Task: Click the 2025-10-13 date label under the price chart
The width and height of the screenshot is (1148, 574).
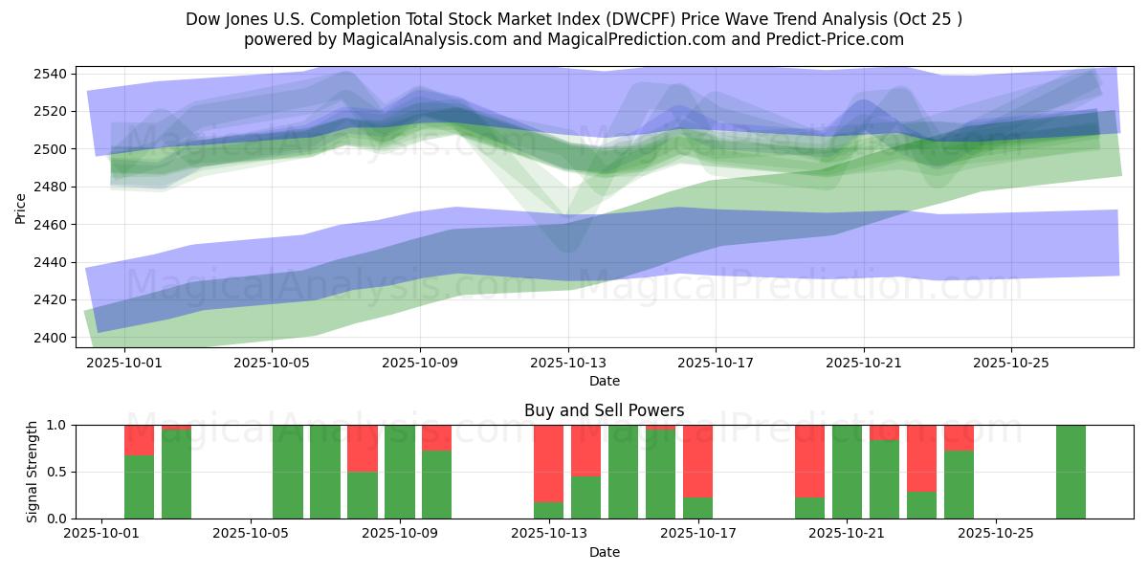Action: point(568,364)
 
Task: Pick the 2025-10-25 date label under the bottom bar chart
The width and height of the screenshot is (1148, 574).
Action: point(996,534)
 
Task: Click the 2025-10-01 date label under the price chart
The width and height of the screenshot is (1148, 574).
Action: point(124,364)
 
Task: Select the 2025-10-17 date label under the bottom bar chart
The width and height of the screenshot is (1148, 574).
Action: point(697,534)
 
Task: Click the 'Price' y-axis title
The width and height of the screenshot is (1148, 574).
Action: point(21,207)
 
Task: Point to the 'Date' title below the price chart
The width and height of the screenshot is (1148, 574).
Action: point(604,381)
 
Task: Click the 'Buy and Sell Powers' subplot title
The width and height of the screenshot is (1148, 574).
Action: point(604,410)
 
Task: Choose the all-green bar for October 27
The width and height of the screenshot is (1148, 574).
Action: point(1071,472)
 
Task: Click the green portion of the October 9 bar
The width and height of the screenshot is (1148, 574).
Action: point(436,485)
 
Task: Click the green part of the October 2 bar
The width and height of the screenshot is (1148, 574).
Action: point(139,487)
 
